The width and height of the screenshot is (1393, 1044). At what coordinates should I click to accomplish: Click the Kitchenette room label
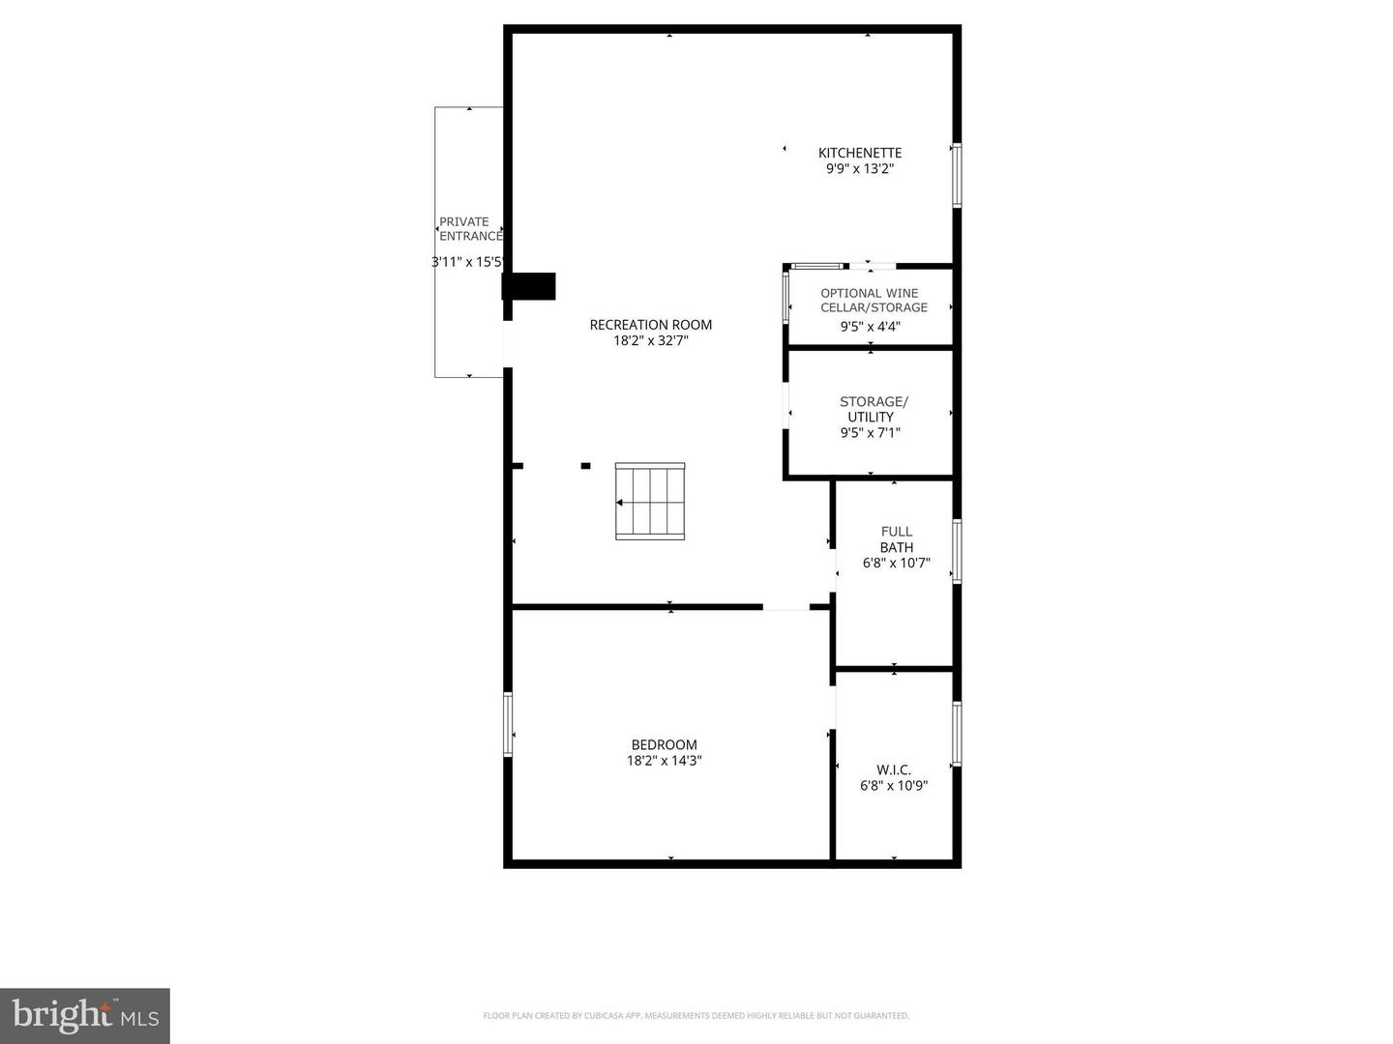point(859,153)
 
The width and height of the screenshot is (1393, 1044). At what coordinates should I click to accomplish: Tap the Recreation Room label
point(650,325)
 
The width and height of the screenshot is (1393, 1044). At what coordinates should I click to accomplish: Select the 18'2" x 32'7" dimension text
point(650,340)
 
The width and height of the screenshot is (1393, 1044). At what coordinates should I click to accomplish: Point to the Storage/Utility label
point(873,409)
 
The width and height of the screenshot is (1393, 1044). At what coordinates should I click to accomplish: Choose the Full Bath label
point(896,539)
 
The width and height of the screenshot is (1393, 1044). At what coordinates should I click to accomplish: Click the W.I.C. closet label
point(894,769)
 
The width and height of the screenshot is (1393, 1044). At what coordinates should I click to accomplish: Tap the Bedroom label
point(664,744)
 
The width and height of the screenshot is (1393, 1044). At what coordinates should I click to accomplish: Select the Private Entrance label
point(469,229)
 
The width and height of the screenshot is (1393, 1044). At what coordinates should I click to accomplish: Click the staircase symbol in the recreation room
point(650,501)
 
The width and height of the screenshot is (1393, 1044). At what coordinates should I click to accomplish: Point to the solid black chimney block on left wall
point(529,287)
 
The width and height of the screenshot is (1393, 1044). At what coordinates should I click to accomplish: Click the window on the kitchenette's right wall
point(957,175)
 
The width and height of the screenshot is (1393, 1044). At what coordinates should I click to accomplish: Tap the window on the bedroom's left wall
point(508,723)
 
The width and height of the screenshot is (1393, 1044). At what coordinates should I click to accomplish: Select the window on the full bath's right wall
point(957,551)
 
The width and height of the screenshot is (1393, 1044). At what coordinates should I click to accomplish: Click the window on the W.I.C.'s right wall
point(957,734)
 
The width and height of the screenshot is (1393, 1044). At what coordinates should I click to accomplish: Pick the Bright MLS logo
point(85,1015)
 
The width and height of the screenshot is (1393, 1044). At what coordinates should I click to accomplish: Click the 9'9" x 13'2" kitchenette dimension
point(859,169)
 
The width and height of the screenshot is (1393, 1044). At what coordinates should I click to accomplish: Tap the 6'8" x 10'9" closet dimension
point(894,786)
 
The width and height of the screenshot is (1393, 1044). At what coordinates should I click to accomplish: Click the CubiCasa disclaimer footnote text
point(696,1016)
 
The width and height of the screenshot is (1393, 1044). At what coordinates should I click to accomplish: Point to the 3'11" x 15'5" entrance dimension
point(468,261)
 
